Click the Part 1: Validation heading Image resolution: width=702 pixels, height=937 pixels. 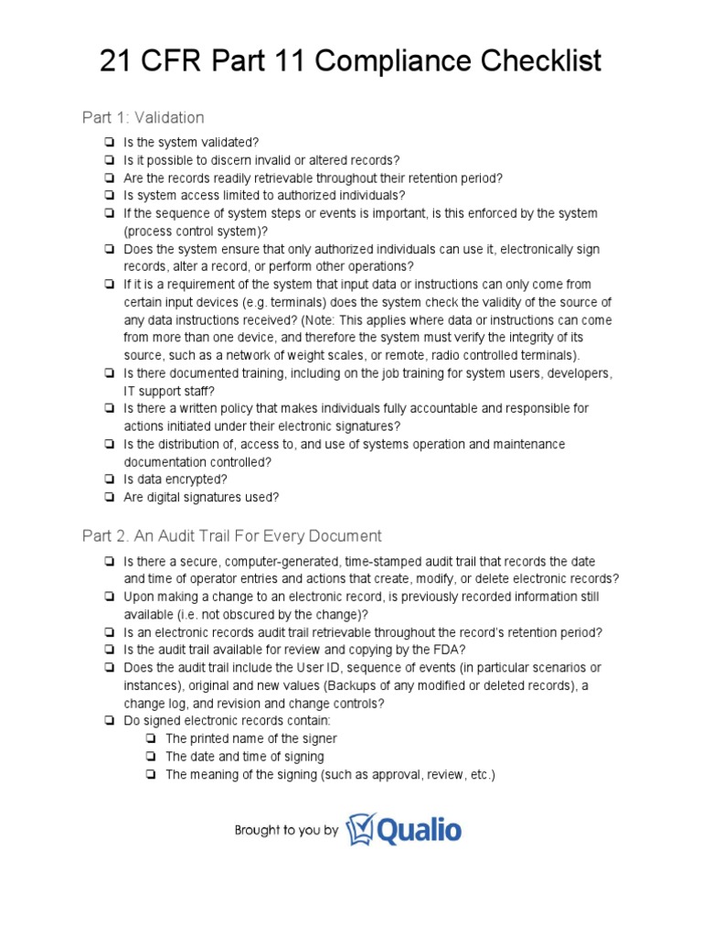pos(144,117)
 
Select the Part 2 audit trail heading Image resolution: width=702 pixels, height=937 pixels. pos(232,535)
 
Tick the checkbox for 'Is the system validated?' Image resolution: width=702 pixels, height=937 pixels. pos(109,142)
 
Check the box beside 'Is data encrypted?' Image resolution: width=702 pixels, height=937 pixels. pos(109,479)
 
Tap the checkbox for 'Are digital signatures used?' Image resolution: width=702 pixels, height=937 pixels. pos(109,498)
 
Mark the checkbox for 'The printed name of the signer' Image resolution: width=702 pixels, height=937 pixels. pos(150,738)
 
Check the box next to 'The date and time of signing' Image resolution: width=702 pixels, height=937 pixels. pos(150,757)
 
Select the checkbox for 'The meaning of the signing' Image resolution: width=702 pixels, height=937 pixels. pos(150,774)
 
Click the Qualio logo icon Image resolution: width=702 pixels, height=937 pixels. pos(360,829)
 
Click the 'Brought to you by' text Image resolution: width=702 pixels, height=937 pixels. pos(286,831)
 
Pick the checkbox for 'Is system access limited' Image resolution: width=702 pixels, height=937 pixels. pos(109,195)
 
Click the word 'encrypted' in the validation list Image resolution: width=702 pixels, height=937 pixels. pos(197,479)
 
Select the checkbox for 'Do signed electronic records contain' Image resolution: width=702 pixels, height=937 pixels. pos(109,721)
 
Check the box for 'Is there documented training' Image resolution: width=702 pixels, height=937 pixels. pos(109,373)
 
